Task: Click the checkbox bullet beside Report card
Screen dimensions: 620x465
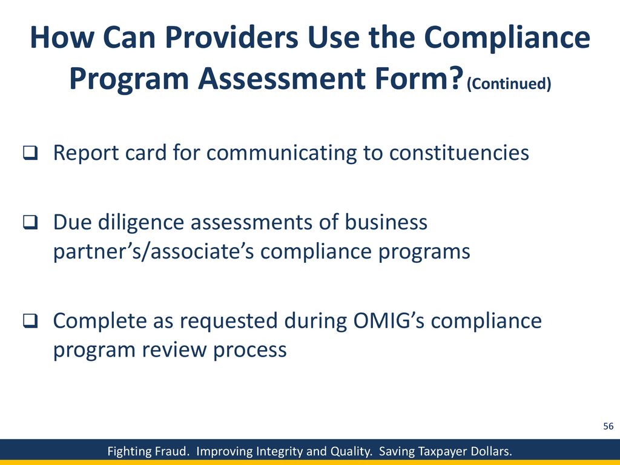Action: [x=30, y=153]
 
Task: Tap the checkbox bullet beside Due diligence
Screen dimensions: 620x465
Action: [x=30, y=222]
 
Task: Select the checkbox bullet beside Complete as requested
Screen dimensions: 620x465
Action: [x=30, y=321]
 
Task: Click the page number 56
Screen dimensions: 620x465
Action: [x=608, y=426]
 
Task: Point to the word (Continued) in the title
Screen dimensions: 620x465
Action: [x=509, y=84]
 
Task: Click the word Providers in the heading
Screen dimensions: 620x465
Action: [x=231, y=38]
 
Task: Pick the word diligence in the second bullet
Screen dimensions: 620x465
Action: [x=140, y=222]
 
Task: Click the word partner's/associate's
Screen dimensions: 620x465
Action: [x=153, y=251]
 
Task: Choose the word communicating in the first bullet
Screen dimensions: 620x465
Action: [x=281, y=153]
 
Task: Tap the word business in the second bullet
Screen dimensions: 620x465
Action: [x=386, y=222]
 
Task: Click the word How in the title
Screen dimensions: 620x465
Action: [x=62, y=38]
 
